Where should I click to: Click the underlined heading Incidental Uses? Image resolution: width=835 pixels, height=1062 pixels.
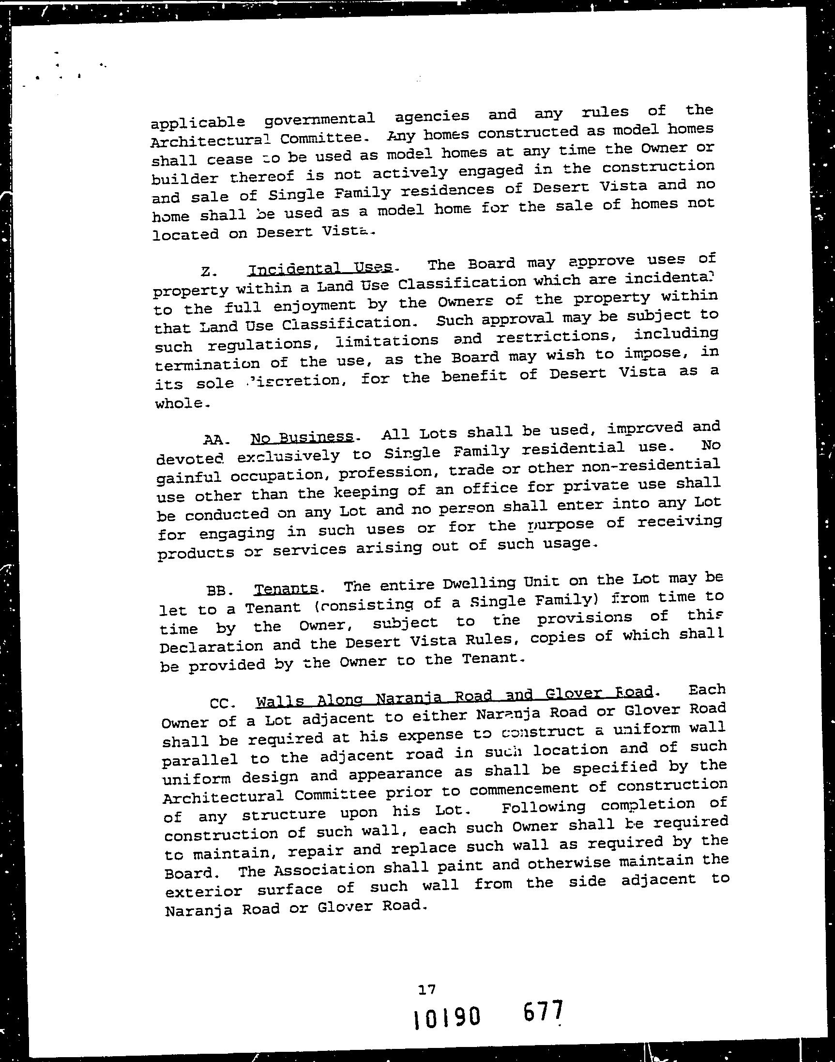click(x=321, y=267)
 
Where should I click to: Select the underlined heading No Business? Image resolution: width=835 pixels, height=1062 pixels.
click(x=302, y=437)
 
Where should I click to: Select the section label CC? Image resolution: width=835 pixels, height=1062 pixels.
click(x=223, y=704)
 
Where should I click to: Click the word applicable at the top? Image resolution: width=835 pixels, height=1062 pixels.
click(x=197, y=122)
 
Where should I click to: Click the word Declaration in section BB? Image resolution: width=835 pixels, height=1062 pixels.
click(x=211, y=646)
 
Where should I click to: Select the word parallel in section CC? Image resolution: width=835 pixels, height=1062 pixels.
click(x=199, y=759)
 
